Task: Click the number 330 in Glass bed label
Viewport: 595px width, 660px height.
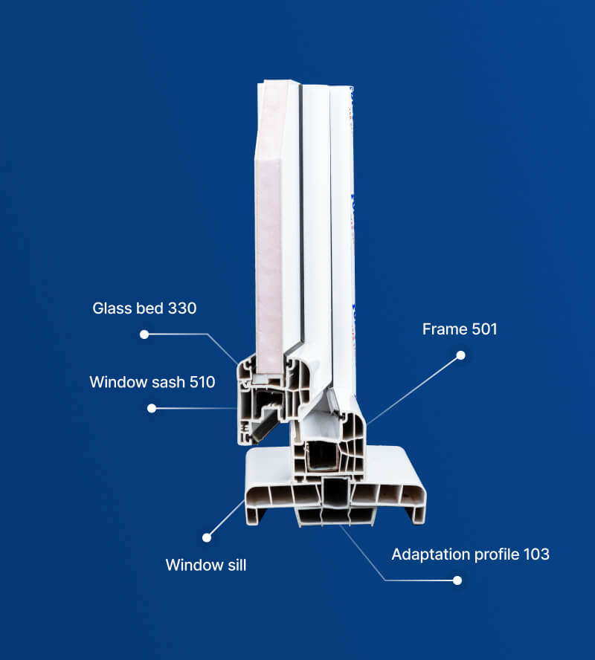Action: [x=182, y=308]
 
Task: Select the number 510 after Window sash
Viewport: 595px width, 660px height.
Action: [x=202, y=382]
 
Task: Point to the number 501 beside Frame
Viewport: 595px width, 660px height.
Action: [x=484, y=329]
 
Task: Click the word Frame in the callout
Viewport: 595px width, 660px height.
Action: [x=445, y=329]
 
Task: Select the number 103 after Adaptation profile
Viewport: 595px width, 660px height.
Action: [x=536, y=554]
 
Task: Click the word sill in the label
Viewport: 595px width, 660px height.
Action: [x=237, y=565]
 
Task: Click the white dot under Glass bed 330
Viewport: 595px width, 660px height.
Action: [x=144, y=334]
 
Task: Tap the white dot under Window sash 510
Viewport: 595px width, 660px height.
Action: [x=152, y=408]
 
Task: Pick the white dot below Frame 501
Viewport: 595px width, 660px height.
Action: [x=460, y=355]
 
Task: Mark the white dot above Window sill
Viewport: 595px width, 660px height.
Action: [x=206, y=537]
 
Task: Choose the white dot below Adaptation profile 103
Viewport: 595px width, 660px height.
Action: [x=457, y=580]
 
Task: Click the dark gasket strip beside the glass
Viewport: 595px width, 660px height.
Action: [x=301, y=219]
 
